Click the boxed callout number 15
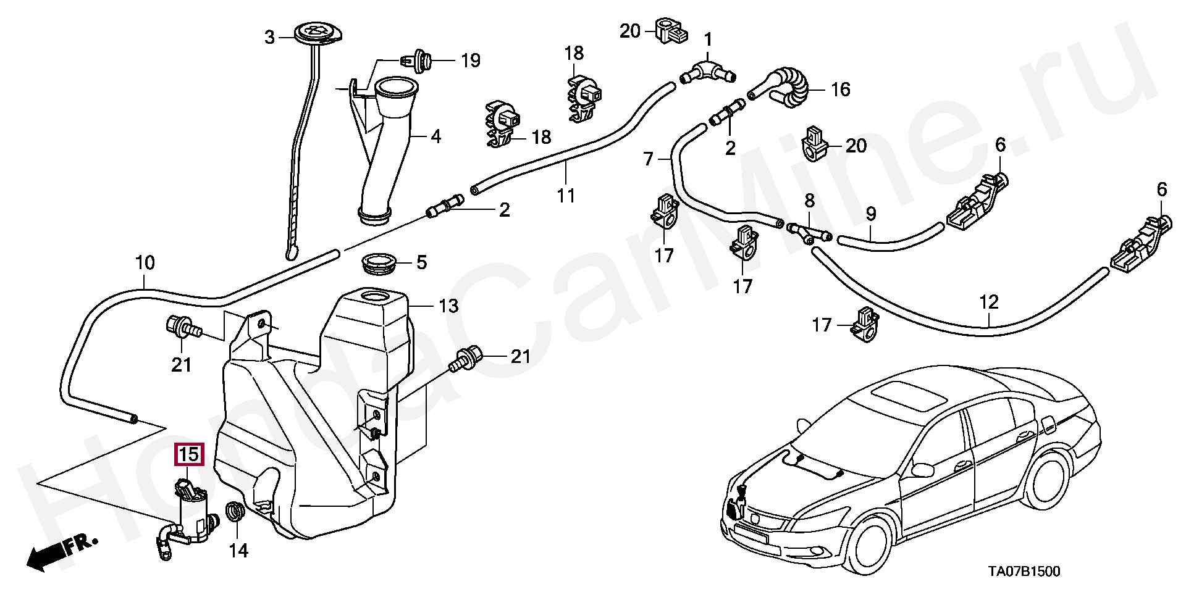coord(189,455)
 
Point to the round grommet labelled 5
coord(379,263)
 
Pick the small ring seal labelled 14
coord(235,511)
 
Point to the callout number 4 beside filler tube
coord(436,136)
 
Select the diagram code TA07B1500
coord(1024,572)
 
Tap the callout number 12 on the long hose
coord(988,302)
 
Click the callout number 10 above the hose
coord(145,263)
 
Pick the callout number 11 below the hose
coord(566,196)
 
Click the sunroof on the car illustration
coord(908,394)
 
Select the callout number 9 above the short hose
coord(871,214)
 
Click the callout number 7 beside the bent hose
coord(648,159)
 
